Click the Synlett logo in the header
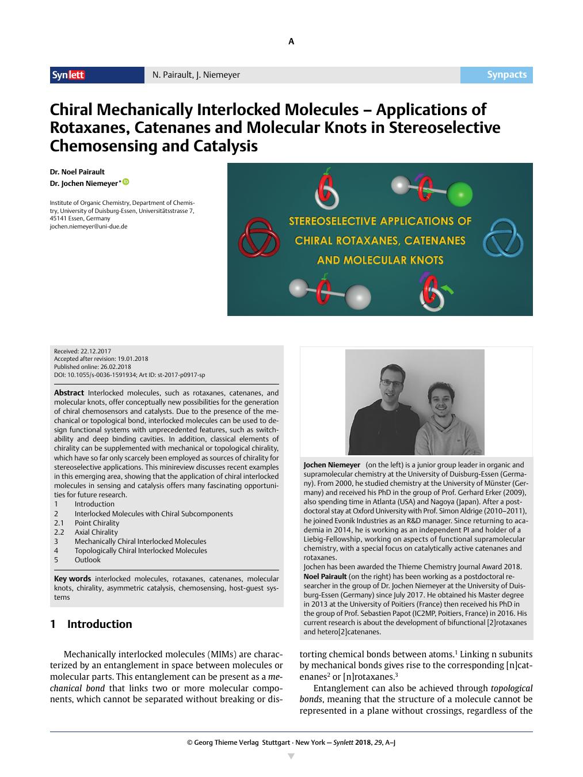pyautogui.click(x=68, y=75)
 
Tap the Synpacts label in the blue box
pyautogui.click(x=506, y=75)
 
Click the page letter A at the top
pyautogui.click(x=291, y=41)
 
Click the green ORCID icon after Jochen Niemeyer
pyautogui.click(x=125, y=182)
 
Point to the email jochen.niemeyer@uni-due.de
pyautogui.click(x=88, y=227)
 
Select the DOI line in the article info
pyautogui.click(x=129, y=375)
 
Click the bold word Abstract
pyautogui.click(x=69, y=393)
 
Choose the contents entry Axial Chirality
pyautogui.click(x=96, y=532)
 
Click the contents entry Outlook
pyautogui.click(x=87, y=560)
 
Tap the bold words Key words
pyautogui.click(x=73, y=579)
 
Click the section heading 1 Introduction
pyautogui.click(x=92, y=624)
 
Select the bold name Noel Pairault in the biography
pyautogui.click(x=325, y=576)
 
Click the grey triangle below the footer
pyautogui.click(x=291, y=756)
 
